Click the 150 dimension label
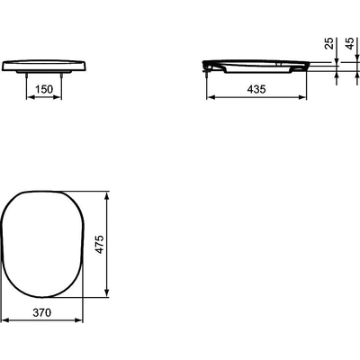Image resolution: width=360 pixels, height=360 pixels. click(x=44, y=89)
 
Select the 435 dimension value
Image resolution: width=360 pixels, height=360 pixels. click(x=256, y=89)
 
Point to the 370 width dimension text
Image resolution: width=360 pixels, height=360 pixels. click(x=42, y=313)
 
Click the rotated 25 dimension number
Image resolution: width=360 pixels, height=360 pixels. click(x=329, y=43)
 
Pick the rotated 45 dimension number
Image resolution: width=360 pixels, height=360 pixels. click(x=350, y=43)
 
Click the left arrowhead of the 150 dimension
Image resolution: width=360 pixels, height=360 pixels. click(x=31, y=97)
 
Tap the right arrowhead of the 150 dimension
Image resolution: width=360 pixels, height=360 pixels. click(x=58, y=97)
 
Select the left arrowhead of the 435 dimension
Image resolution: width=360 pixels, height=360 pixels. click(x=211, y=97)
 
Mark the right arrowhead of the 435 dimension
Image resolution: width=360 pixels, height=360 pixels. click(x=302, y=97)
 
